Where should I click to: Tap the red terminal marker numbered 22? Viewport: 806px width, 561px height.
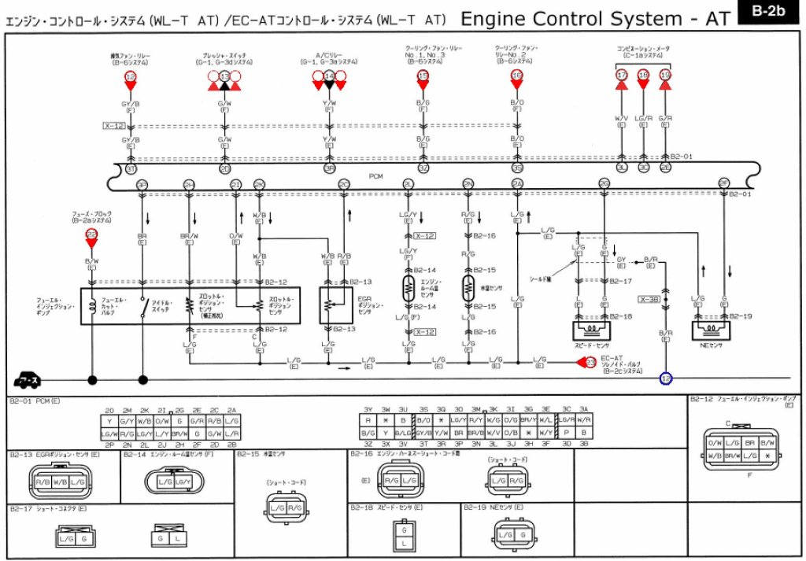coord(91,235)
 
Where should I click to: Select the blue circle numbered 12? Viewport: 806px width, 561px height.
coord(666,378)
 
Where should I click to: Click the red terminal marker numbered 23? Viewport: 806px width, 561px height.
coord(590,362)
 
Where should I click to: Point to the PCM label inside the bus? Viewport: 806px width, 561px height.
coord(376,177)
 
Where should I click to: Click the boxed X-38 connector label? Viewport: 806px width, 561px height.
coord(649,299)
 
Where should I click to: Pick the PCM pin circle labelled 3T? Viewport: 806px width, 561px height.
coord(131,168)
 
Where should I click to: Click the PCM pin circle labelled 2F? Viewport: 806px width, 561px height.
coord(724,183)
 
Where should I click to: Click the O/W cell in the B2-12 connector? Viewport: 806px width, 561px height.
coord(715,444)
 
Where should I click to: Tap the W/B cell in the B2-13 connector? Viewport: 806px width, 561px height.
coord(60,482)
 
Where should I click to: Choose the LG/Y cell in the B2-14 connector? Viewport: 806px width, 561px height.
coord(183,482)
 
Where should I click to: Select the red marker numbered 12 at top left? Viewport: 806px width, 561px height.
coord(131,76)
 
